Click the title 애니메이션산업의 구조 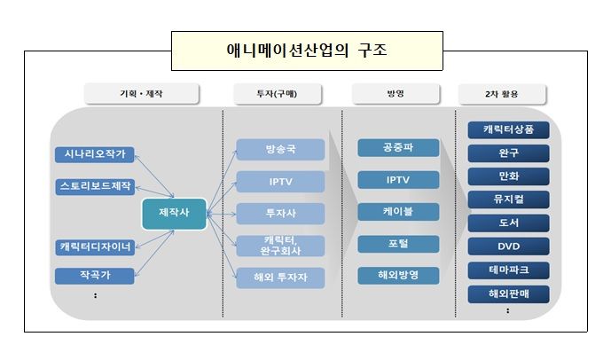[306, 51]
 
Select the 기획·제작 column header [141, 94]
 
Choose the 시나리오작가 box [95, 154]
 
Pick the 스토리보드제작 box [95, 186]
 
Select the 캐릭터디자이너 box [95, 247]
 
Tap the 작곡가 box [95, 276]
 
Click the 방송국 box [280, 150]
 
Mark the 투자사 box [280, 214]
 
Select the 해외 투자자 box [280, 278]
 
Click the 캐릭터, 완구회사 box [280, 246]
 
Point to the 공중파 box [398, 148]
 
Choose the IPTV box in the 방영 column [398, 180]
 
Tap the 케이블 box [398, 212]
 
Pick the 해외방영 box [398, 276]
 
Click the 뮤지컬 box [509, 200]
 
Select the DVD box [509, 247]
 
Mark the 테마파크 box [509, 270]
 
